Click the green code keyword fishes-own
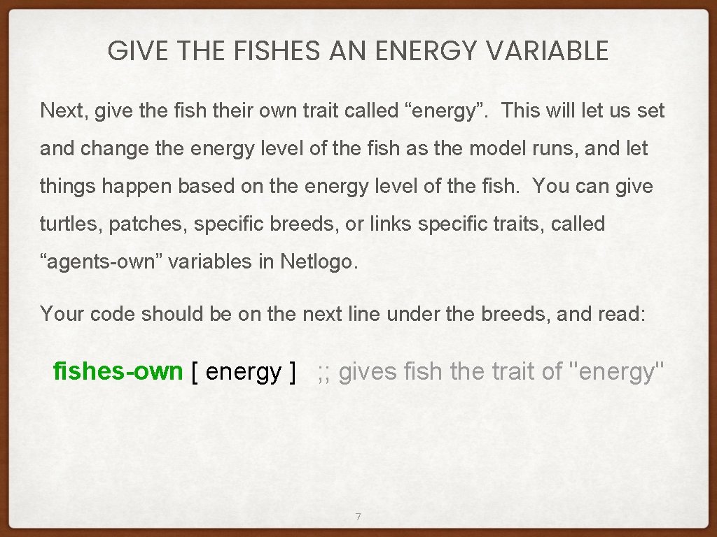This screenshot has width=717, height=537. point(118,371)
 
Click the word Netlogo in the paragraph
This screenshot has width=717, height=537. point(319,262)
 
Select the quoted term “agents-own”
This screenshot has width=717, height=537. point(100,262)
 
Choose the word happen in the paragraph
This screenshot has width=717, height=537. point(127,186)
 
